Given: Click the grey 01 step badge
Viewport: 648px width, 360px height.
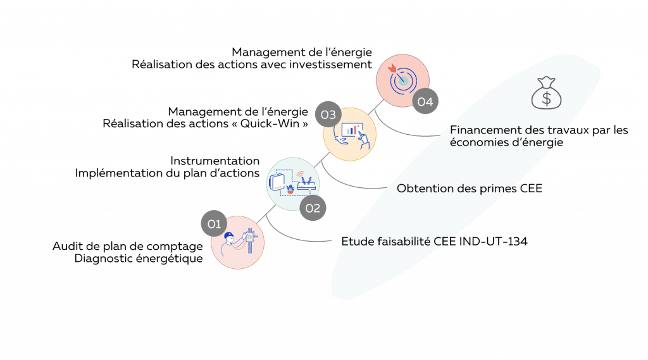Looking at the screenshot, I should (x=215, y=223).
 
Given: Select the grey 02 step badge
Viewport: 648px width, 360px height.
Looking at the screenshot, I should (x=313, y=207).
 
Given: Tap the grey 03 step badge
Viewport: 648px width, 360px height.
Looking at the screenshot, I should (x=328, y=115).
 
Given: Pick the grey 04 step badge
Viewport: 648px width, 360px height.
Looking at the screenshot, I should (x=425, y=101).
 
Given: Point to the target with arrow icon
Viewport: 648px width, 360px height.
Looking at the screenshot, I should (x=402, y=79).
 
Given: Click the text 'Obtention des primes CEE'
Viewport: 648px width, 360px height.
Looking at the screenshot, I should (x=469, y=189).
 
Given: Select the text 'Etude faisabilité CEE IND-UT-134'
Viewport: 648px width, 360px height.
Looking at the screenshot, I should (x=433, y=242).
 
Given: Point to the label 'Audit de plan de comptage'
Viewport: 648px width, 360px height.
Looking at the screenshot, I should (x=128, y=246).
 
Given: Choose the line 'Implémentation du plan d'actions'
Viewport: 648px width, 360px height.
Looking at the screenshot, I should (x=168, y=173).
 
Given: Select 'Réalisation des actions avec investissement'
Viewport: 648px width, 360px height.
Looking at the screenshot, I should (x=251, y=64).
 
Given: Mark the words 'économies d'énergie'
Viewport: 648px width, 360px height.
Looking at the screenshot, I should (x=506, y=142).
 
